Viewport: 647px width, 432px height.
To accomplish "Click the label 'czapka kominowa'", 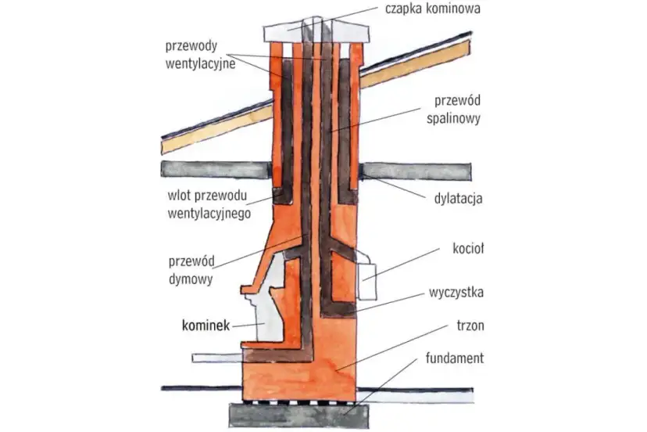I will tap(431, 9).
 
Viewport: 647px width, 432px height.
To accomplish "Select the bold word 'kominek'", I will tap(205, 325).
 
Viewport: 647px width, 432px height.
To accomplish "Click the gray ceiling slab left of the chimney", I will tap(215, 167).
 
